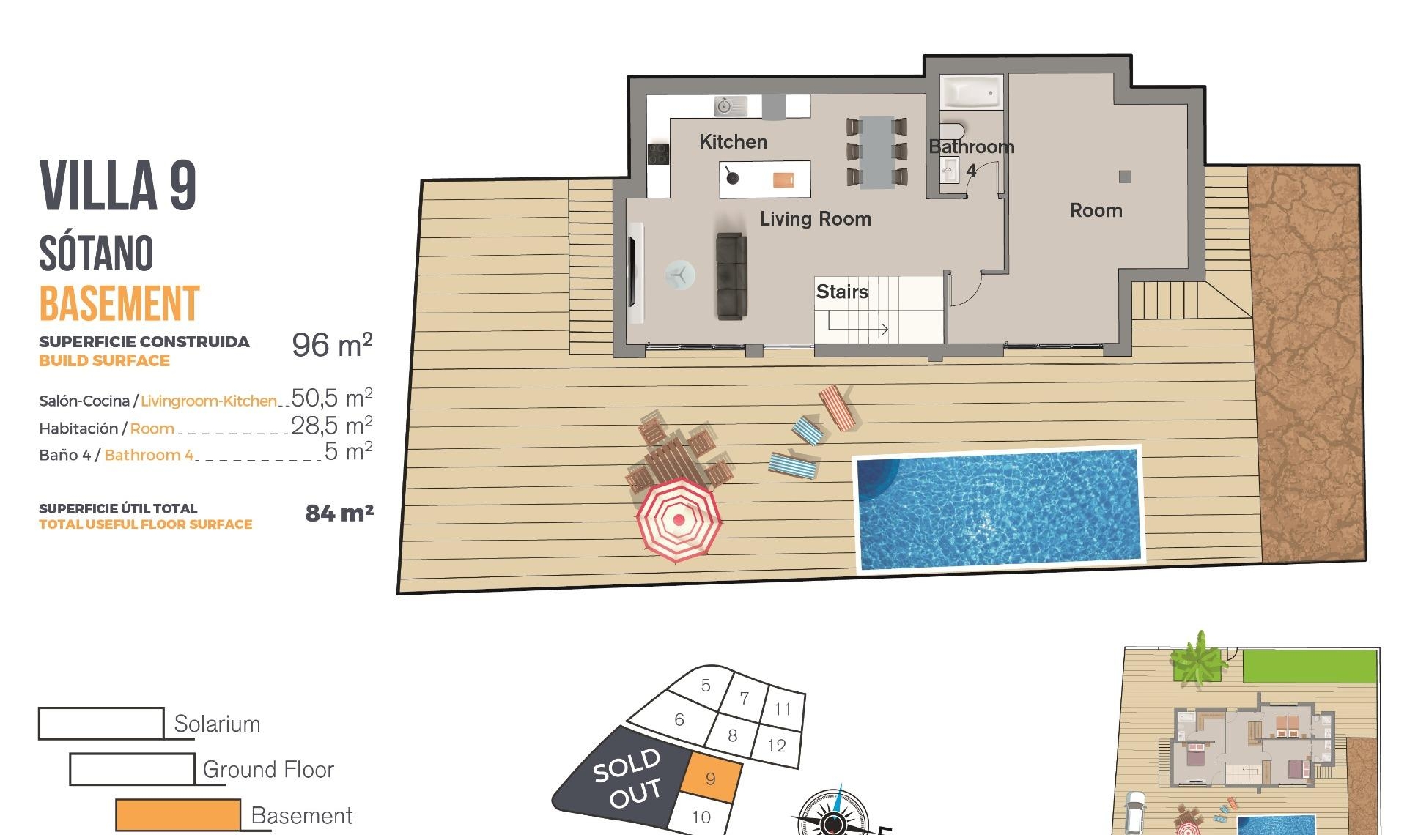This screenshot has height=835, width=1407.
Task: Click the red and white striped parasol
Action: [679, 520]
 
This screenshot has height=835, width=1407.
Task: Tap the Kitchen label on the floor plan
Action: [733, 142]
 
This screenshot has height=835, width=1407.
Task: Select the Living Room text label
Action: [815, 219]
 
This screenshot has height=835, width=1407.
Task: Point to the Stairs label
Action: [842, 292]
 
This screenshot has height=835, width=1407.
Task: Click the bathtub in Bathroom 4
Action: [970, 92]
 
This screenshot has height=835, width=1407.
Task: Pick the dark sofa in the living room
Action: [731, 276]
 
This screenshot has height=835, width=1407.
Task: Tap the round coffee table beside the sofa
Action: [680, 275]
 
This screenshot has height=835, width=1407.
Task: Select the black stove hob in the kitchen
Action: [658, 154]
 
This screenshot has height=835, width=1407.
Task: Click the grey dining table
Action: [876, 152]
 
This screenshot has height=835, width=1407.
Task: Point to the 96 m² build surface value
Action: [332, 345]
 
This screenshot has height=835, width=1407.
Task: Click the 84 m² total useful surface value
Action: [339, 513]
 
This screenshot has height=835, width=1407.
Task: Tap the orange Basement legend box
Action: [178, 814]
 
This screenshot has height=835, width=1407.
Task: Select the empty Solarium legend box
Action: [101, 723]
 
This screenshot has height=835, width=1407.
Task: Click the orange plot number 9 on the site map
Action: [710, 779]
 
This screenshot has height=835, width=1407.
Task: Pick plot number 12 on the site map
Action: [777, 746]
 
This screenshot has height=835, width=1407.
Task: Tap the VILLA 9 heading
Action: [118, 185]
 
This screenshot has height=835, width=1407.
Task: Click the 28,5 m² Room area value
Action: [331, 426]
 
